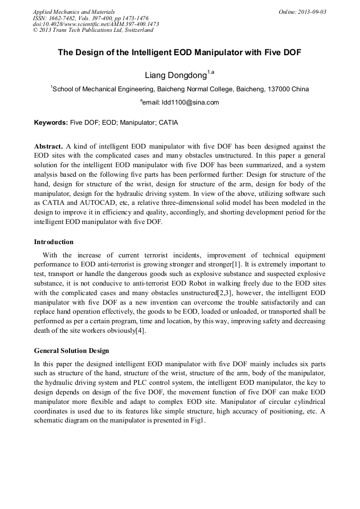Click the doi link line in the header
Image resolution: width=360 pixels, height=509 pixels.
pyautogui.click(x=96, y=24)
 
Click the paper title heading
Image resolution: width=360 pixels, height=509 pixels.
pyautogui.click(x=179, y=53)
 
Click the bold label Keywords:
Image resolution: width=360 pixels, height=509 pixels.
pyautogui.click(x=50, y=123)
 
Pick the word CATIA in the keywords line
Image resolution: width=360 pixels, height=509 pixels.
pyautogui.click(x=168, y=123)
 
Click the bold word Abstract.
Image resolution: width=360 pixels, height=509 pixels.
pyautogui.click(x=48, y=146)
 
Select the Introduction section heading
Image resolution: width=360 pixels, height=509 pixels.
pyautogui.click(x=54, y=242)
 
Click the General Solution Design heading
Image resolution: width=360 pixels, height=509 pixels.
pyautogui.click(x=71, y=351)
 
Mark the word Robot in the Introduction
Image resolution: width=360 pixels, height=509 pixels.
pyautogui.click(x=200, y=283)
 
